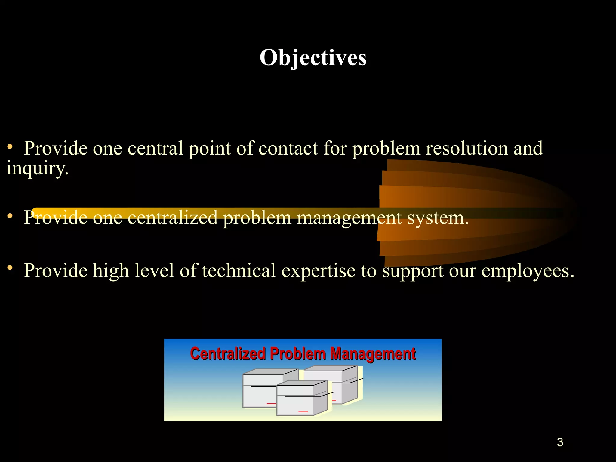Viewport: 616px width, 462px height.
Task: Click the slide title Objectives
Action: click(x=313, y=57)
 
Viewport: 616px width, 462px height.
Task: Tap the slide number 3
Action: click(x=560, y=442)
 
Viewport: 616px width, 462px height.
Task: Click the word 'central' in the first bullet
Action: click(x=155, y=148)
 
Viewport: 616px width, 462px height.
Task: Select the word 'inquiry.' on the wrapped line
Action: click(x=38, y=168)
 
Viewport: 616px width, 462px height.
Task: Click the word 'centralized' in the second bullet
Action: click(x=172, y=217)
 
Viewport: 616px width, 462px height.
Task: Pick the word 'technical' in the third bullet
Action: click(x=239, y=270)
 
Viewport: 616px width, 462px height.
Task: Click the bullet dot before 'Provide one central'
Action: click(x=10, y=147)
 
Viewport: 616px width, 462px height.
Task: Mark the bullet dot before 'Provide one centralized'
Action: click(x=10, y=216)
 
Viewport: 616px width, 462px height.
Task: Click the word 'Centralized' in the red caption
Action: click(x=228, y=354)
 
